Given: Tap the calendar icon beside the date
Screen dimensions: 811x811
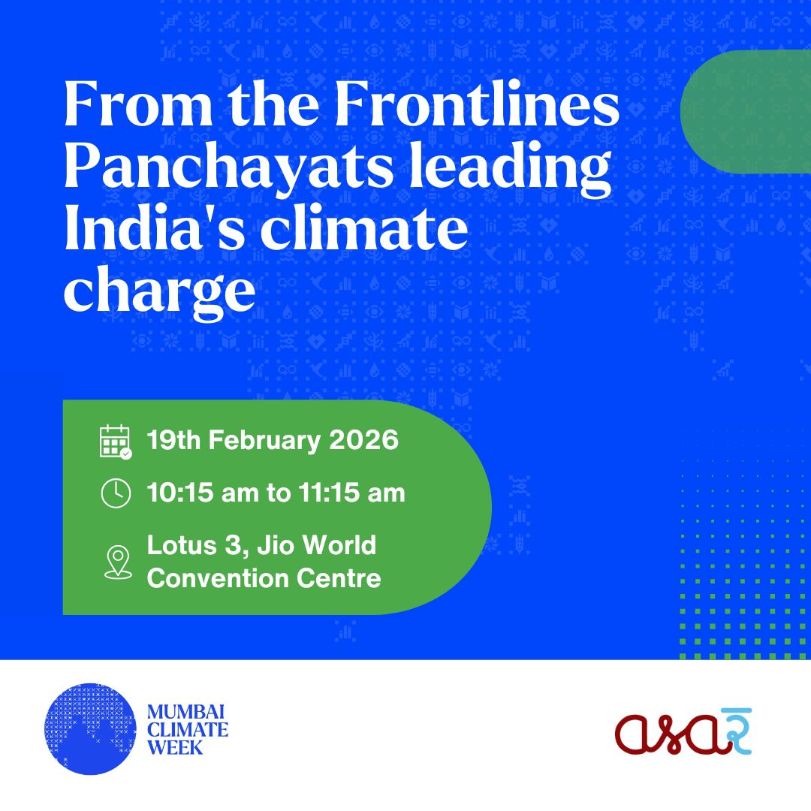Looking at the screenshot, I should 116,442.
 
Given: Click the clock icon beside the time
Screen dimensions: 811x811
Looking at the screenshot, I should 116,493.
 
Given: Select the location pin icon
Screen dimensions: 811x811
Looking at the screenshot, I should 116,562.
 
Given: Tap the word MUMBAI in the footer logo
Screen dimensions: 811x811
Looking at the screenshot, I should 187,711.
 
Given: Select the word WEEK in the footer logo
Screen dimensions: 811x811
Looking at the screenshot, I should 174,747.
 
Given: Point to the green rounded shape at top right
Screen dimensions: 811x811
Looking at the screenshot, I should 747,111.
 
